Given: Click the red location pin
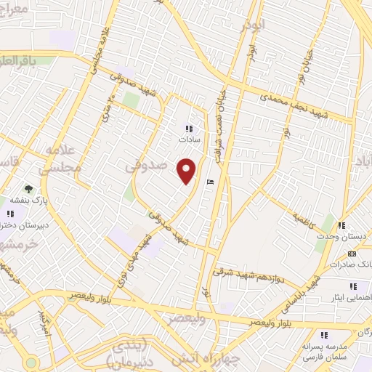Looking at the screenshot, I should pos(187,170).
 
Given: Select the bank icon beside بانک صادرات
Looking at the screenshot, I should pos(352,254).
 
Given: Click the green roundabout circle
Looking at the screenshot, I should pos(30,363).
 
